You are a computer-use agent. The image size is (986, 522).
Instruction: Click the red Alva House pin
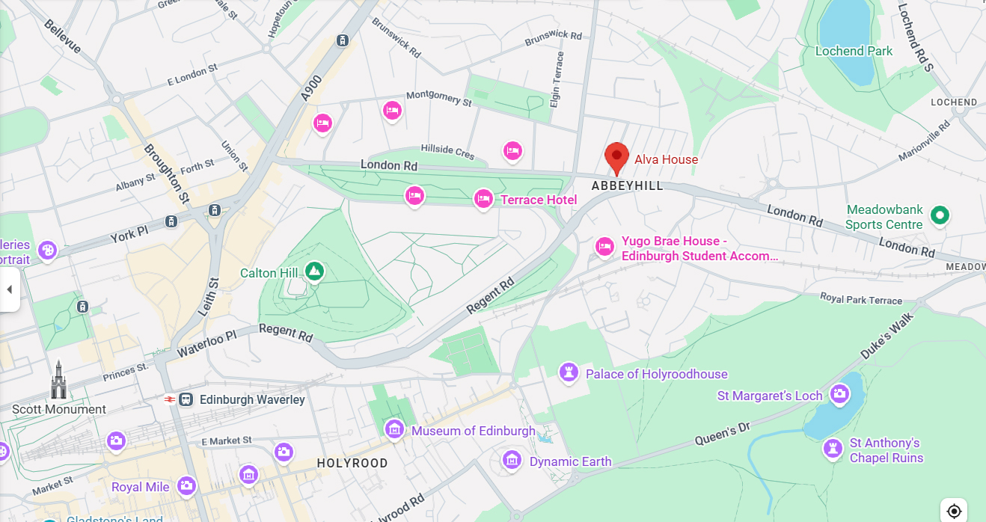point(616,157)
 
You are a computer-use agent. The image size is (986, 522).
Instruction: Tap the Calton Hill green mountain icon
point(314,271)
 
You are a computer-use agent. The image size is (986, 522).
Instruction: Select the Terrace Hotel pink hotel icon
point(483,199)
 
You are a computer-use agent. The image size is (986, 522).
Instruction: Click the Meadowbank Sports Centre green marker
point(940,216)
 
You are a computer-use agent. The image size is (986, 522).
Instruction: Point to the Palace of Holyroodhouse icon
point(569,372)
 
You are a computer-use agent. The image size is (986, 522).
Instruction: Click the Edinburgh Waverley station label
point(252,399)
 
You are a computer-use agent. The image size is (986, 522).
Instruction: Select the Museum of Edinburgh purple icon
point(394,429)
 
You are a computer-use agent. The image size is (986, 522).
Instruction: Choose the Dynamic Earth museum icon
point(512,460)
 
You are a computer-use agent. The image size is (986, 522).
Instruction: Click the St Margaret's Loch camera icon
point(839,393)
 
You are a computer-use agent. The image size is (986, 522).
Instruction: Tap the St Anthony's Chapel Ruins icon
point(833,449)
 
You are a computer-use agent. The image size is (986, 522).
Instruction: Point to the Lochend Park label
point(854,51)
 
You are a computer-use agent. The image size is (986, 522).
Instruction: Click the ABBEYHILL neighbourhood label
point(627,185)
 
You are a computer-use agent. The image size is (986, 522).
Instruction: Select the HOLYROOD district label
point(352,463)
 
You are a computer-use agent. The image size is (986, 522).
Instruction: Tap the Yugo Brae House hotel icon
point(604,246)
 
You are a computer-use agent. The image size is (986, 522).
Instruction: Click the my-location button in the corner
point(954,511)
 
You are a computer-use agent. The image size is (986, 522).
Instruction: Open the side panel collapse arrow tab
point(10,289)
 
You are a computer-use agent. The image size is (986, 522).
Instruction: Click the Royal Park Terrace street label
point(861,299)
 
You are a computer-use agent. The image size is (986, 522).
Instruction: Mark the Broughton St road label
point(167,174)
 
